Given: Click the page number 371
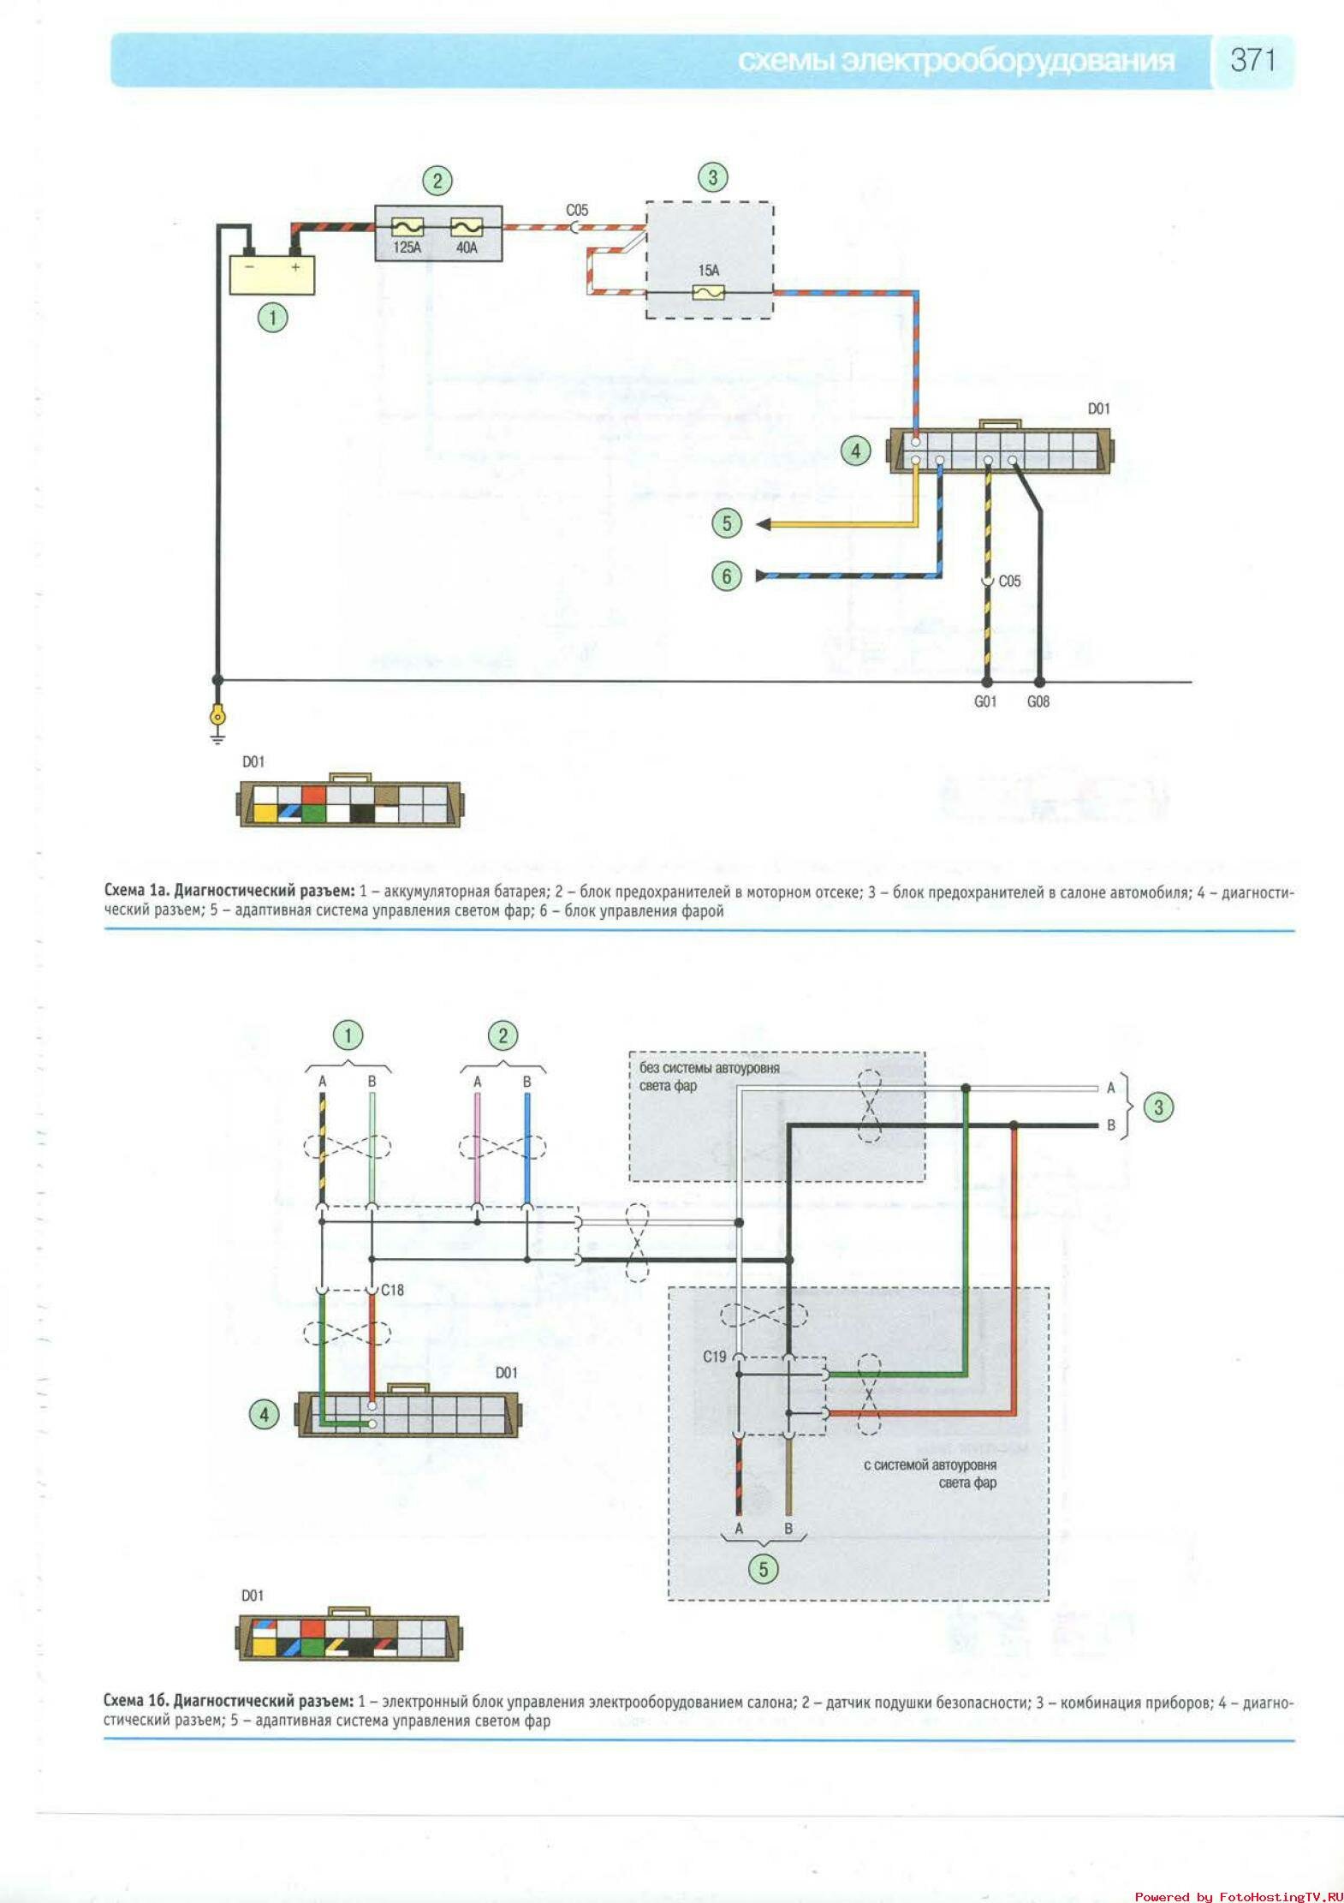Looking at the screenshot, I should pyautogui.click(x=1252, y=60).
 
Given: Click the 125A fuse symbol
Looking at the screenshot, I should pyautogui.click(x=407, y=227).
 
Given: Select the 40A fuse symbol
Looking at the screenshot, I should pyautogui.click(x=467, y=227).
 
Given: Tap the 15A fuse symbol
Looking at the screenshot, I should pyautogui.click(x=708, y=293).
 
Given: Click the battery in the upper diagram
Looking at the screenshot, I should pyautogui.click(x=271, y=275).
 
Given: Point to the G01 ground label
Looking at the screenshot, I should pyautogui.click(x=985, y=701).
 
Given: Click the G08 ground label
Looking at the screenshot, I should pyautogui.click(x=1038, y=701).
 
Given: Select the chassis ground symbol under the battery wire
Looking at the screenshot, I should pyautogui.click(x=218, y=719).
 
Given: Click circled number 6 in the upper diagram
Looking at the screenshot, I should pyautogui.click(x=727, y=576).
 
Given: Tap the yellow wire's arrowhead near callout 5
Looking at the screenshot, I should pyautogui.click(x=763, y=524).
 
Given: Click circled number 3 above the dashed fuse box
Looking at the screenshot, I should pyautogui.click(x=712, y=178).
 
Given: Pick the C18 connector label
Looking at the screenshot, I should pyautogui.click(x=392, y=1290).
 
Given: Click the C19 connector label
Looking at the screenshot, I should pyautogui.click(x=714, y=1357).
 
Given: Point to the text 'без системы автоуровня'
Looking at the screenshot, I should pyautogui.click(x=709, y=1068).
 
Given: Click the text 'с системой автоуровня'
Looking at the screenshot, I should pyautogui.click(x=930, y=1465).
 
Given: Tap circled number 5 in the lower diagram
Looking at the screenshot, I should pyautogui.click(x=763, y=1569).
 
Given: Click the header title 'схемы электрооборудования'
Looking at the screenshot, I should pyautogui.click(x=955, y=61).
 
